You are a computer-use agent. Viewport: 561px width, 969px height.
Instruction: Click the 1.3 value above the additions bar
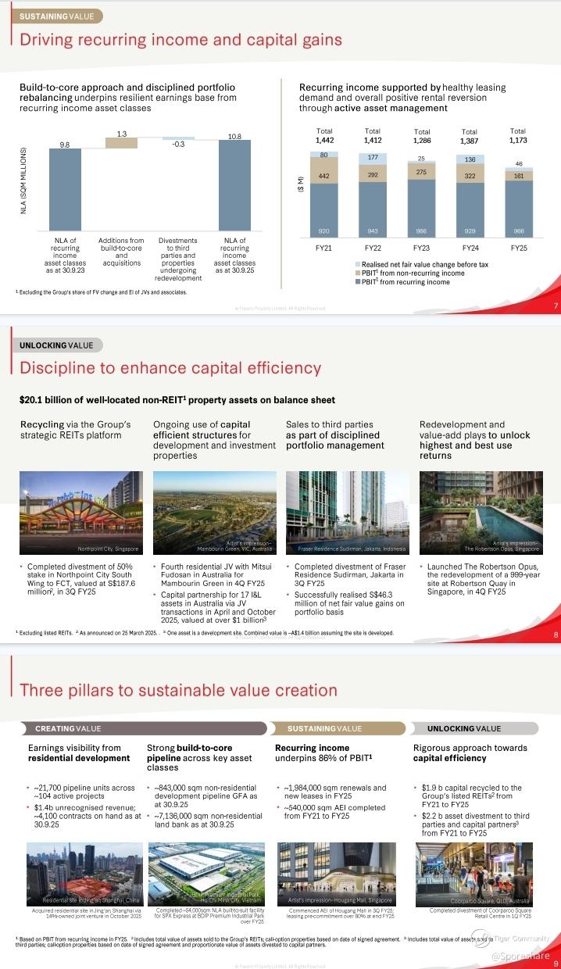pyautogui.click(x=122, y=134)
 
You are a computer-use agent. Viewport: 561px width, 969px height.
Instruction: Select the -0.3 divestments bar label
pyautogui.click(x=178, y=145)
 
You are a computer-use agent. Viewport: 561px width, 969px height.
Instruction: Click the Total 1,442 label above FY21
pyautogui.click(x=323, y=135)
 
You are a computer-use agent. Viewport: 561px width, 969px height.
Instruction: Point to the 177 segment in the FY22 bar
pyautogui.click(x=373, y=157)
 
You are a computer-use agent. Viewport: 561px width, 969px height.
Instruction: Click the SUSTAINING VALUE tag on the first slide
pyautogui.click(x=55, y=16)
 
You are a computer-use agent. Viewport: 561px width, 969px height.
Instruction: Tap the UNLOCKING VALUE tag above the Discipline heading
pyautogui.click(x=55, y=345)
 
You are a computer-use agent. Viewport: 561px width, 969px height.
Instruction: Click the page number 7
pyautogui.click(x=555, y=306)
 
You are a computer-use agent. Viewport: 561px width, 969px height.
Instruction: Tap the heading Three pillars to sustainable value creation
pyautogui.click(x=178, y=690)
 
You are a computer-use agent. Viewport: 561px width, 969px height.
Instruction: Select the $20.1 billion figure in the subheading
pyautogui.click(x=48, y=400)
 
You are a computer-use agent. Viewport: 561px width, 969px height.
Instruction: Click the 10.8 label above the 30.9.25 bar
pyautogui.click(x=234, y=137)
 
